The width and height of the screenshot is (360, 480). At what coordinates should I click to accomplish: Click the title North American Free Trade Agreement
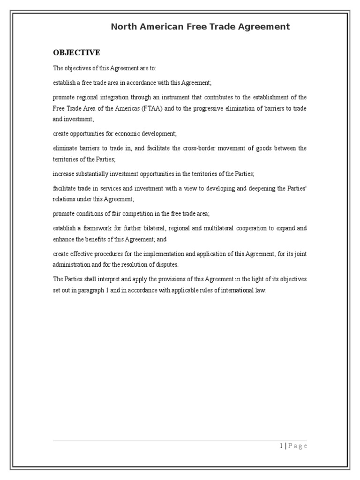[200, 27]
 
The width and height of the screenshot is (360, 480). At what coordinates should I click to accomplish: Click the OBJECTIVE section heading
[76, 52]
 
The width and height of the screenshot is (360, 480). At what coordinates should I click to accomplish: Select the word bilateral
[158, 228]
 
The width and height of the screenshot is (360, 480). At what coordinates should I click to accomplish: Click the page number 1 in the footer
[280, 446]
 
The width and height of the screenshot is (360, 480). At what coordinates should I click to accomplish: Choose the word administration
[69, 265]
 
